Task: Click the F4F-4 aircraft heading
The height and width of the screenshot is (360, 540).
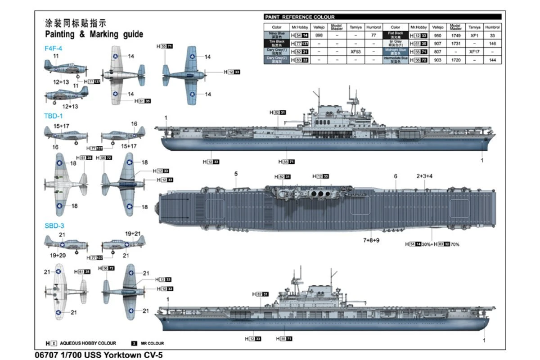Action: [x=53, y=48]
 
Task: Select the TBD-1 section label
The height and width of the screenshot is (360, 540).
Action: [x=53, y=116]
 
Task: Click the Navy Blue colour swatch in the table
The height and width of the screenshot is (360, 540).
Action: [x=276, y=35]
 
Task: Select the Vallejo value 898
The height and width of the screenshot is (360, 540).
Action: [x=319, y=35]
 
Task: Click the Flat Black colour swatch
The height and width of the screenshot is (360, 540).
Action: [x=395, y=35]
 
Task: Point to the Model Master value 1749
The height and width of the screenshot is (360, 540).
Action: [x=455, y=35]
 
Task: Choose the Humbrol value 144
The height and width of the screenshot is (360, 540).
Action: [x=492, y=60]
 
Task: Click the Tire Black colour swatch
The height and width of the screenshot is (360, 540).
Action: [x=276, y=43]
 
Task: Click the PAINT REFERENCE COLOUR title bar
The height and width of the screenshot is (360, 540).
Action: [x=299, y=17]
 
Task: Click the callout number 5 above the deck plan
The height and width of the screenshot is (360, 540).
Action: [x=236, y=174]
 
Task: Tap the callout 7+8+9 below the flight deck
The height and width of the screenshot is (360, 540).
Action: [x=371, y=240]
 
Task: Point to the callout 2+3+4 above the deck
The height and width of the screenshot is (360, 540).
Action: [x=424, y=176]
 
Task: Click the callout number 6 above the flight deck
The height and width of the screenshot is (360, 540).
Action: [x=396, y=176]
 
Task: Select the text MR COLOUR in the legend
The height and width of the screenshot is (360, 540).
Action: [x=153, y=343]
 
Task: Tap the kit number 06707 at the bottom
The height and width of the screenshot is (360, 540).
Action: [x=45, y=355]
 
